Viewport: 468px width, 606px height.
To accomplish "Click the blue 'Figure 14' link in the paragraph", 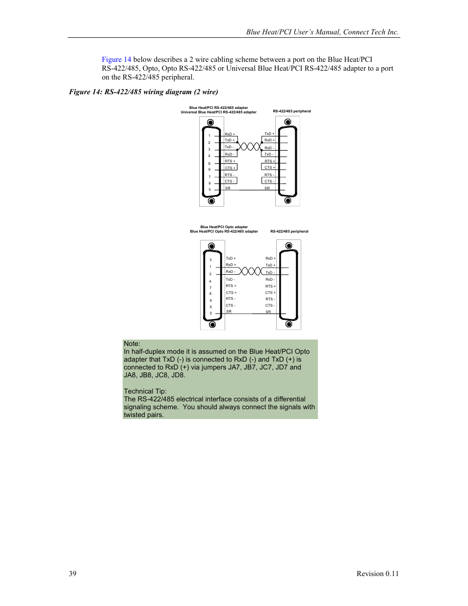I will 116,59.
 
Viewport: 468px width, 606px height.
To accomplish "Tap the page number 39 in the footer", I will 73,574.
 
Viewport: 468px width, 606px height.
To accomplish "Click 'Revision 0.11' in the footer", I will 377,574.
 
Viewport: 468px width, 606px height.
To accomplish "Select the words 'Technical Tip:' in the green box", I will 145,391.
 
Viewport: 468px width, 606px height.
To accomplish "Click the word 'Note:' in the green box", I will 132,343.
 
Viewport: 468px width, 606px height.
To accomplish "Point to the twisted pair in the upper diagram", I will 250,146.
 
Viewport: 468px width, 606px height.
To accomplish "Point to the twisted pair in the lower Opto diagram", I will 251,271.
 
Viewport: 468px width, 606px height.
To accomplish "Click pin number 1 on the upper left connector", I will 209,136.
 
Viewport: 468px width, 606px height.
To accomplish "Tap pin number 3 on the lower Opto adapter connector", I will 210,260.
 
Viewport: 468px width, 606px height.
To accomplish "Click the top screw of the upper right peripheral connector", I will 288,122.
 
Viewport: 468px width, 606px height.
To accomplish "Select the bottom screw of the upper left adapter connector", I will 211,201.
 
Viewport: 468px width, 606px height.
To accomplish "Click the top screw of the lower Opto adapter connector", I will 211,246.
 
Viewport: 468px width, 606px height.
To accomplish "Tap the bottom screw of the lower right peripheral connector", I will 289,324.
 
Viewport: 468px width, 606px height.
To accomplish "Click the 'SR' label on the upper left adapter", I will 228,188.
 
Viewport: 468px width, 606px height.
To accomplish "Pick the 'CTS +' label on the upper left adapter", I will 230,168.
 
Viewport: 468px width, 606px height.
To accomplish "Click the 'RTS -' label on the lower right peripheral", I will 270,299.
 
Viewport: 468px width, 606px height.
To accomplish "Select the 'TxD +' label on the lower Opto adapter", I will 231,258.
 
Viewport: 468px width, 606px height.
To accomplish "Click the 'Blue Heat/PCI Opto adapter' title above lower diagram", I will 224,227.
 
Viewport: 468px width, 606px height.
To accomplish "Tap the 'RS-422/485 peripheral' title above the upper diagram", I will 292,111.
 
